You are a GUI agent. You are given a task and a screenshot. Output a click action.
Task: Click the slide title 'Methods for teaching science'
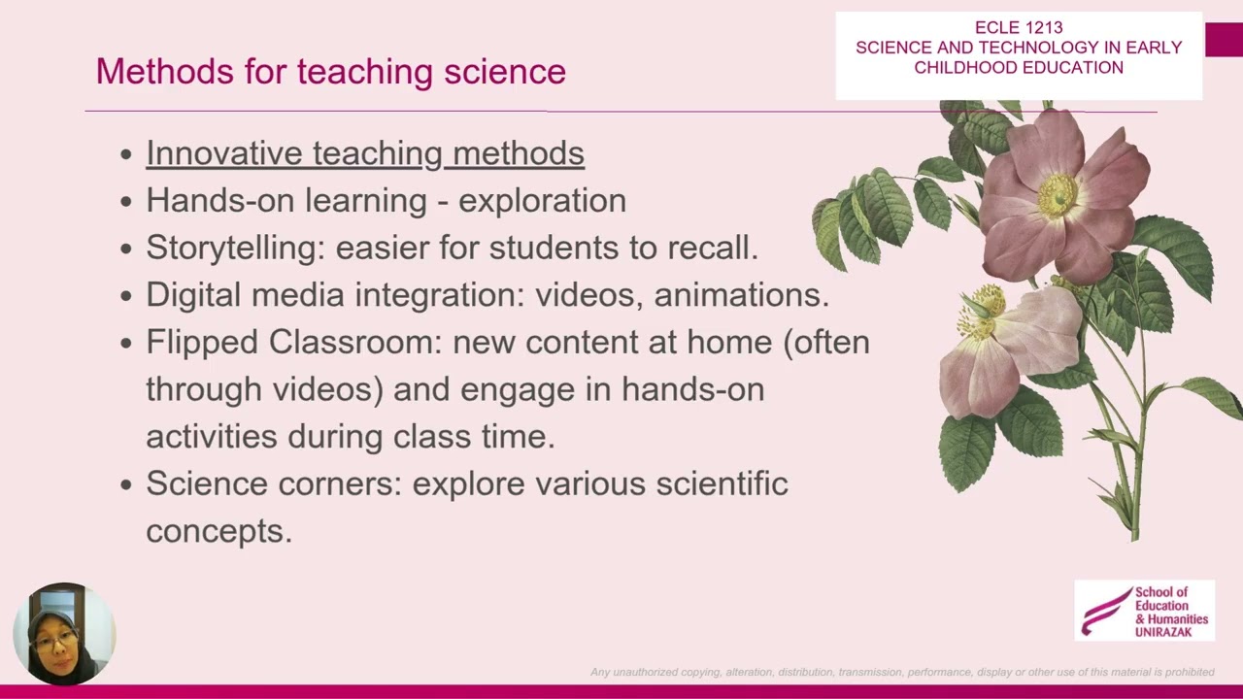330,72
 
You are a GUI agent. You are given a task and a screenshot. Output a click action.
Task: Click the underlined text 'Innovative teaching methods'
365,153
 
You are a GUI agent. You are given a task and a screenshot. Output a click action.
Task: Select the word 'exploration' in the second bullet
542,201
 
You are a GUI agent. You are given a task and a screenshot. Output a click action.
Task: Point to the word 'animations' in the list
739,295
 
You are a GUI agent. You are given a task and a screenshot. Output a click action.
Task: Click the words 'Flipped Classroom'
292,343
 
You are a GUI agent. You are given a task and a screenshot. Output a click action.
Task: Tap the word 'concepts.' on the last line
218,531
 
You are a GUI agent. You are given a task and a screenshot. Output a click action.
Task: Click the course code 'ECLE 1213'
1019,28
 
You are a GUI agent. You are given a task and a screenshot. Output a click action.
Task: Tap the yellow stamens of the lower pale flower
983,302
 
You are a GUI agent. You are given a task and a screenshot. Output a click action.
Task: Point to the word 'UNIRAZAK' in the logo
1163,632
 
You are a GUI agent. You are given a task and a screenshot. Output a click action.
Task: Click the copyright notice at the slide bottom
902,672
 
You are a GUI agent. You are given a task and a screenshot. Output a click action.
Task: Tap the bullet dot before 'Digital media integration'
126,296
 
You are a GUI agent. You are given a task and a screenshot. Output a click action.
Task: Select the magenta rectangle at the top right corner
1224,40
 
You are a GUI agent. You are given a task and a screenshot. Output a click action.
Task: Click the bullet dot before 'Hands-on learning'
126,202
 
